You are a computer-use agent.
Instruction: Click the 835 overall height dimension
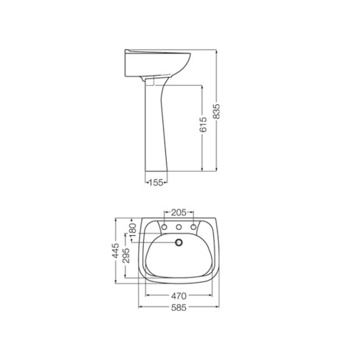[x=217, y=112]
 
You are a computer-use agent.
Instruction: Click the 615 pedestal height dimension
[x=203, y=125]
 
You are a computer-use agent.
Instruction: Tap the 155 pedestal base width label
[x=156, y=182]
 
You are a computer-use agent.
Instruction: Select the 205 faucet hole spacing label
[x=179, y=212]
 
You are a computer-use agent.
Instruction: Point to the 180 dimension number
[x=132, y=231]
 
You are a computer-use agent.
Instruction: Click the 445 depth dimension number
[x=115, y=251]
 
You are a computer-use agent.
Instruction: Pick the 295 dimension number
[x=126, y=256]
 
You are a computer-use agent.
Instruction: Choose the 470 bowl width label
[x=179, y=296]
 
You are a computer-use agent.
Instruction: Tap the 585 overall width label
[x=179, y=308]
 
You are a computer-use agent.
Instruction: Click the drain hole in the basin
[x=179, y=242]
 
